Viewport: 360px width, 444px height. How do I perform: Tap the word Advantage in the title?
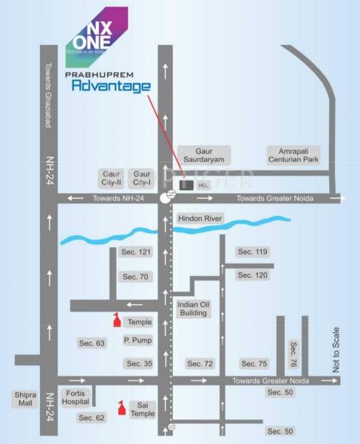point(111,87)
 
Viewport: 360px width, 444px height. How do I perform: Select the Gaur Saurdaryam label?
point(204,155)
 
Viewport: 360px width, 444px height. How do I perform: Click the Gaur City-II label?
point(110,178)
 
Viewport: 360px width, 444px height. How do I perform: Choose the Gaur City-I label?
point(142,178)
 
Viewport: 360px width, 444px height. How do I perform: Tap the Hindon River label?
point(200,219)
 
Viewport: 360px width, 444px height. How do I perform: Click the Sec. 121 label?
point(135,252)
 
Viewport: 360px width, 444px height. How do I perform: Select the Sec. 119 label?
point(252,252)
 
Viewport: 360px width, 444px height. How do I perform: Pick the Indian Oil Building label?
point(192,308)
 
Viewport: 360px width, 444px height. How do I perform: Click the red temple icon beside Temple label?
point(115,320)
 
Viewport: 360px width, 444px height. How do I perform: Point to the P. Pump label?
point(137,341)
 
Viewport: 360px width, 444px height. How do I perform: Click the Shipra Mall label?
point(24,400)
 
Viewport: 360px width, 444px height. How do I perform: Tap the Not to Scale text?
point(336,349)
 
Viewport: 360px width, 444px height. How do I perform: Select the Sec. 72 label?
point(200,363)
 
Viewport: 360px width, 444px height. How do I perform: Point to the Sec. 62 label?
point(92,418)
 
